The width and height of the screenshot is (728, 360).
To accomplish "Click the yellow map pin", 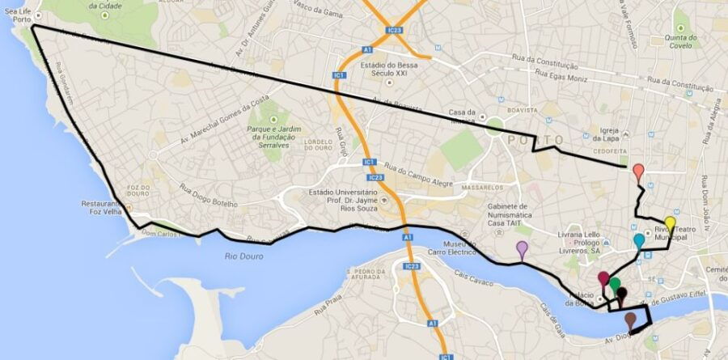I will coord(670,224).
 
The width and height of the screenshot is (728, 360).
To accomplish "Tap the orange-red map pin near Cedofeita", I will coord(638,172).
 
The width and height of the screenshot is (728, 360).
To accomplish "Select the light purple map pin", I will coord(522,248).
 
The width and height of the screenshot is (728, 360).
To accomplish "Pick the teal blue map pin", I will coord(639,240).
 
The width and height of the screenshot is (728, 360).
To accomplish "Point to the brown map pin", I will coord(630,320).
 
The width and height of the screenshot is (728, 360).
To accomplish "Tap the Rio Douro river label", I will coord(242,256).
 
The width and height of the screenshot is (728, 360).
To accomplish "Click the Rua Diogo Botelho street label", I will coord(209,197).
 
